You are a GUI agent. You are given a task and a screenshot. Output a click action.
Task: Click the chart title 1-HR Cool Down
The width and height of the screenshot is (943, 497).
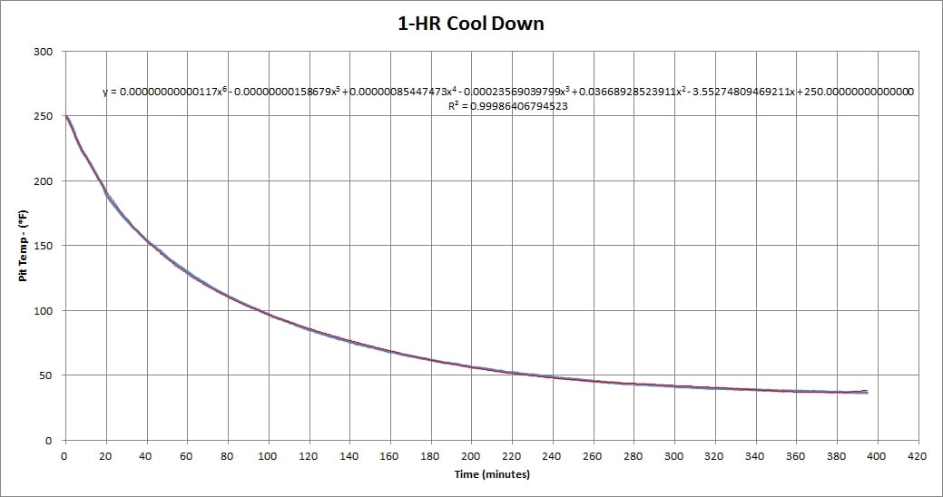click(476, 24)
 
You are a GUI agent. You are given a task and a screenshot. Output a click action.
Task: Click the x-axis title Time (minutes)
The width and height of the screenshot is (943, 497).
click(491, 474)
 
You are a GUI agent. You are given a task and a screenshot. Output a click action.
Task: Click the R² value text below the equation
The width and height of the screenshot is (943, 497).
click(508, 106)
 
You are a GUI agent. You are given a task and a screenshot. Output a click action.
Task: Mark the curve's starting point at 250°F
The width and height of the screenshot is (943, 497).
click(65, 116)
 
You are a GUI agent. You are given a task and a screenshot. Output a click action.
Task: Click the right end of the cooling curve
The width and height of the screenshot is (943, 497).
click(867, 392)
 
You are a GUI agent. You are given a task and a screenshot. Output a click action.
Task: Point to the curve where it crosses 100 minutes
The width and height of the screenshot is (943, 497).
click(267, 314)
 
